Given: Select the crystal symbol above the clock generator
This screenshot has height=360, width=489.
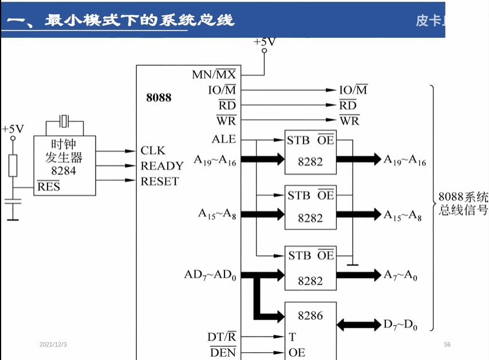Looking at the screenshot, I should click(x=64, y=121).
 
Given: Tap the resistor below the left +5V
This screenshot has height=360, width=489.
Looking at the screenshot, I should click(x=13, y=165).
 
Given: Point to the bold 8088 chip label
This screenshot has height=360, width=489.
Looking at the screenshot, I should click(x=159, y=97).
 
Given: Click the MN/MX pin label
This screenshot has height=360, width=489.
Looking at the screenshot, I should click(x=214, y=74).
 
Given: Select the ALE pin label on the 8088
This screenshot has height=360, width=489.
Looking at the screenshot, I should click(x=223, y=139).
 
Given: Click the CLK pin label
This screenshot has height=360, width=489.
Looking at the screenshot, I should click(x=153, y=151).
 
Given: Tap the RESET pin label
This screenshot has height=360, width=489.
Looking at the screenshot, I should click(x=160, y=181).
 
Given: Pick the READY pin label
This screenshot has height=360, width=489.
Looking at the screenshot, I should click(x=162, y=166).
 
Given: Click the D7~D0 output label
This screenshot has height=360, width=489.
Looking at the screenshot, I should click(x=400, y=325).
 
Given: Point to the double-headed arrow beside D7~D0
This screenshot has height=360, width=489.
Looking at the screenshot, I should click(x=358, y=325).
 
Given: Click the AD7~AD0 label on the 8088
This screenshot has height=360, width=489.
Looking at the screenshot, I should click(x=210, y=275).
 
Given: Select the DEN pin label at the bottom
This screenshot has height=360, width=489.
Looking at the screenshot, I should click(x=223, y=352).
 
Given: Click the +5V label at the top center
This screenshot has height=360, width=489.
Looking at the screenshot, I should click(x=265, y=42).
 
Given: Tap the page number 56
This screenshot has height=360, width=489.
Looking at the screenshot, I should click(x=447, y=344).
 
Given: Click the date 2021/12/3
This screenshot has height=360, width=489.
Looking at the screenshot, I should click(x=53, y=344).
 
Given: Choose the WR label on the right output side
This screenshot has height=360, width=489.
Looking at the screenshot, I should click(x=349, y=120).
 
